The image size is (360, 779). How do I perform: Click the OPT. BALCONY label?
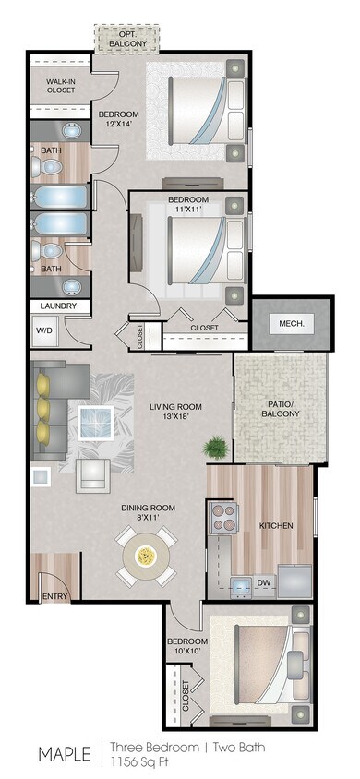(126, 39)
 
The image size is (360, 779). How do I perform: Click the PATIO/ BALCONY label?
(281, 407)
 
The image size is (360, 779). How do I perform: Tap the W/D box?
(43, 330)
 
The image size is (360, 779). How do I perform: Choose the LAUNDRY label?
(58, 306)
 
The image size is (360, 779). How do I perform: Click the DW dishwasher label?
(262, 581)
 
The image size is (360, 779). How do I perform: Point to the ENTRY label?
(55, 597)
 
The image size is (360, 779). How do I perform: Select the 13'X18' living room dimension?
(175, 416)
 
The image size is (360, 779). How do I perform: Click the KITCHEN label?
(275, 525)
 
